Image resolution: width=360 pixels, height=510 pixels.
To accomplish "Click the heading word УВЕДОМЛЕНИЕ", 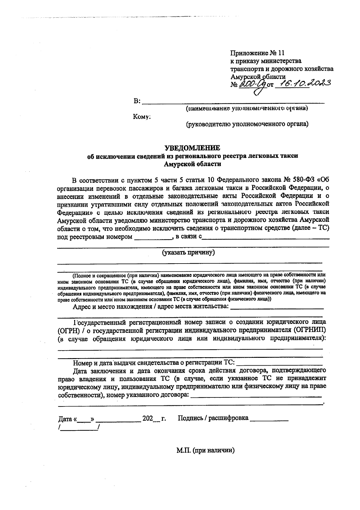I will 192,148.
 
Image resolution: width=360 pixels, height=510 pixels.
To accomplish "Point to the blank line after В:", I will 233,102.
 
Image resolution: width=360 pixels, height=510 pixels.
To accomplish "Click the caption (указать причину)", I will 189,252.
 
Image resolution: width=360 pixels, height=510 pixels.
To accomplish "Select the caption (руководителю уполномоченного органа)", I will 247,124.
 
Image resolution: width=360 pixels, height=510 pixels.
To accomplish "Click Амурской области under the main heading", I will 192,164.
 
